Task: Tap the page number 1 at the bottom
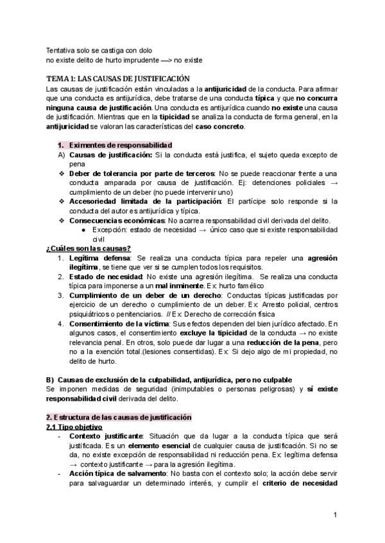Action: pyautogui.click(x=336, y=515)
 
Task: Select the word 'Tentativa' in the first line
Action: pyautogui.click(x=61, y=50)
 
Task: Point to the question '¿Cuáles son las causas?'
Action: pyautogui.click(x=89, y=248)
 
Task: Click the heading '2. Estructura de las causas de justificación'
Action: pyautogui.click(x=119, y=417)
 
